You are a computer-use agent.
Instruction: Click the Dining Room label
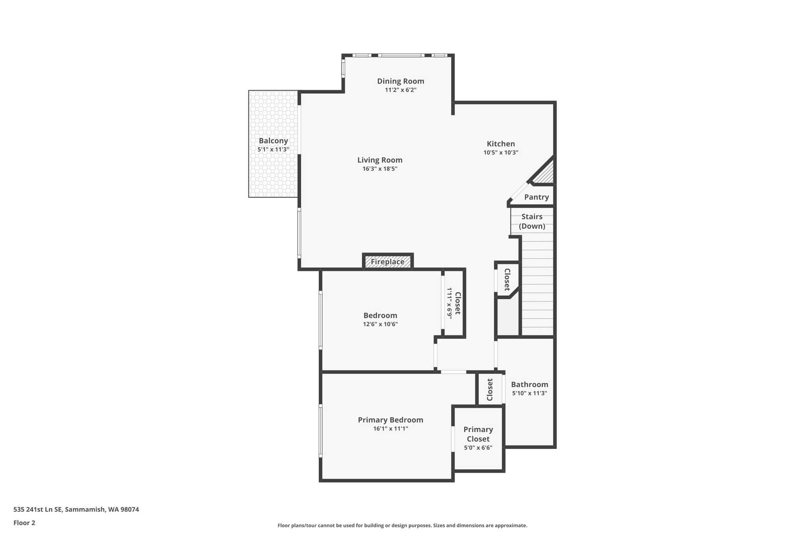point(401,81)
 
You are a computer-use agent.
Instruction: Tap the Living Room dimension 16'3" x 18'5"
point(380,169)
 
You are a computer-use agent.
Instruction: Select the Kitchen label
point(500,144)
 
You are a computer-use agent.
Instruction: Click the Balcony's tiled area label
point(273,141)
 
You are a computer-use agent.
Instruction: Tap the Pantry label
point(536,197)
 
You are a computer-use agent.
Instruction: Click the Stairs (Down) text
point(532,221)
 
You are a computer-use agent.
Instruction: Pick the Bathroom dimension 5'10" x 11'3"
point(529,393)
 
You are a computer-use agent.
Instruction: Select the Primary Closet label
point(478,434)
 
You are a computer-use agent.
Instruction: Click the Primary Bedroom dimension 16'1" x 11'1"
point(390,428)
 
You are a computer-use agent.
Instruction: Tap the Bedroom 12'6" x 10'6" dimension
point(380,324)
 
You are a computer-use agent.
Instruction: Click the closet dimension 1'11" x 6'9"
point(449,303)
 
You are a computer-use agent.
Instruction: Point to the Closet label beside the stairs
point(507,280)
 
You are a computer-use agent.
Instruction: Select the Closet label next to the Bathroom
point(490,390)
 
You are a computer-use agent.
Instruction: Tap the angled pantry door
point(519,191)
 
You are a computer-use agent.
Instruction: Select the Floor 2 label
point(24,523)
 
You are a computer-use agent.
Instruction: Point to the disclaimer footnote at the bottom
point(402,525)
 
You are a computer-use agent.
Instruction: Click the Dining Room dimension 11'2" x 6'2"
point(401,90)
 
